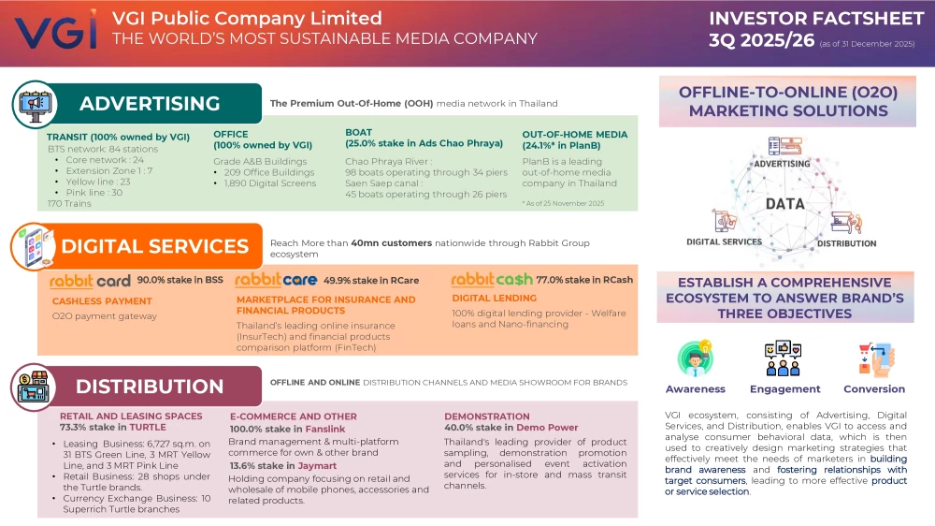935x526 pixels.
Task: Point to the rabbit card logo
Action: [90, 280]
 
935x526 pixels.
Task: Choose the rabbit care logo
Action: [273, 280]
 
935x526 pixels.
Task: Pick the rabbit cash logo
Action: [491, 280]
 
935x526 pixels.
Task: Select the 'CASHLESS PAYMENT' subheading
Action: [102, 300]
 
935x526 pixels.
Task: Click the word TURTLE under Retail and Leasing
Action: [148, 427]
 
